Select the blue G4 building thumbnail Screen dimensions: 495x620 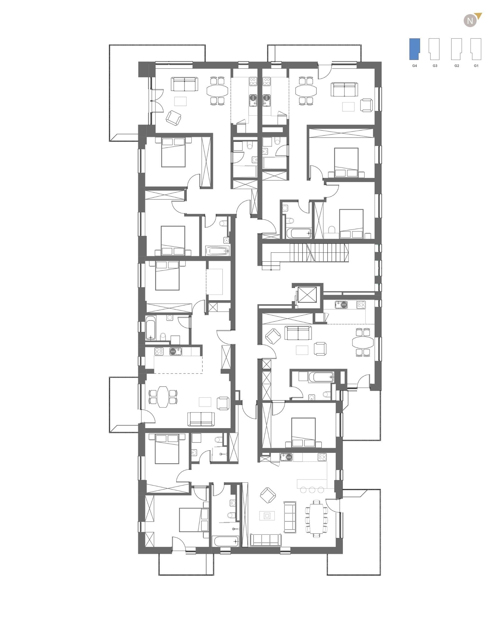tap(414, 49)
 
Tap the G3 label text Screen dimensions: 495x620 tap(435, 66)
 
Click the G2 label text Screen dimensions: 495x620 tap(457, 66)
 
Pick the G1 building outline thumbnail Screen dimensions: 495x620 tap(476, 49)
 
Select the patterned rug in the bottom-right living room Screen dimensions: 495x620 tap(267, 515)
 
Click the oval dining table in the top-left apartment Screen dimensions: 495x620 tap(217, 91)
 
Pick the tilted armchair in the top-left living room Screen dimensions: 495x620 tap(173, 118)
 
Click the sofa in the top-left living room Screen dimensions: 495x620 tap(185, 84)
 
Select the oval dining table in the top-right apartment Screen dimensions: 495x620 tap(306, 91)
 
